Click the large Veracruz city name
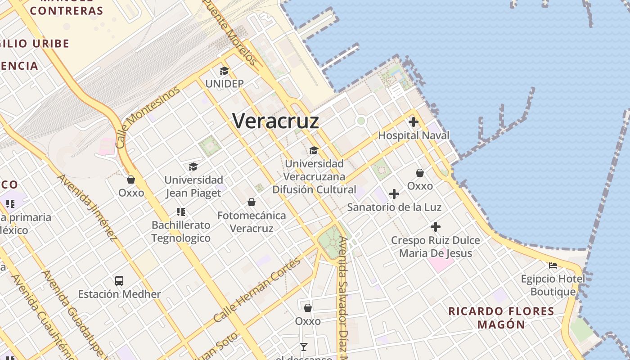275,121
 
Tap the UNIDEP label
224,84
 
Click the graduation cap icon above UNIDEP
224,71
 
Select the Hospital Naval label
414,135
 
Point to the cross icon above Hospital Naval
414,122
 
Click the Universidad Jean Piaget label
193,186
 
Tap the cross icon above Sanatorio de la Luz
394,194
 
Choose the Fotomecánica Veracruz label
252,222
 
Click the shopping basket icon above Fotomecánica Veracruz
252,202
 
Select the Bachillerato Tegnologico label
181,231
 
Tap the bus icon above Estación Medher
119,281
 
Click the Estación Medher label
119,294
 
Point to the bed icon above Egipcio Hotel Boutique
553,265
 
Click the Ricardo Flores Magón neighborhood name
501,318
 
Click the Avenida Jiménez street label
87,207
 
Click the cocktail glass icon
304,346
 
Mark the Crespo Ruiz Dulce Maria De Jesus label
436,247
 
